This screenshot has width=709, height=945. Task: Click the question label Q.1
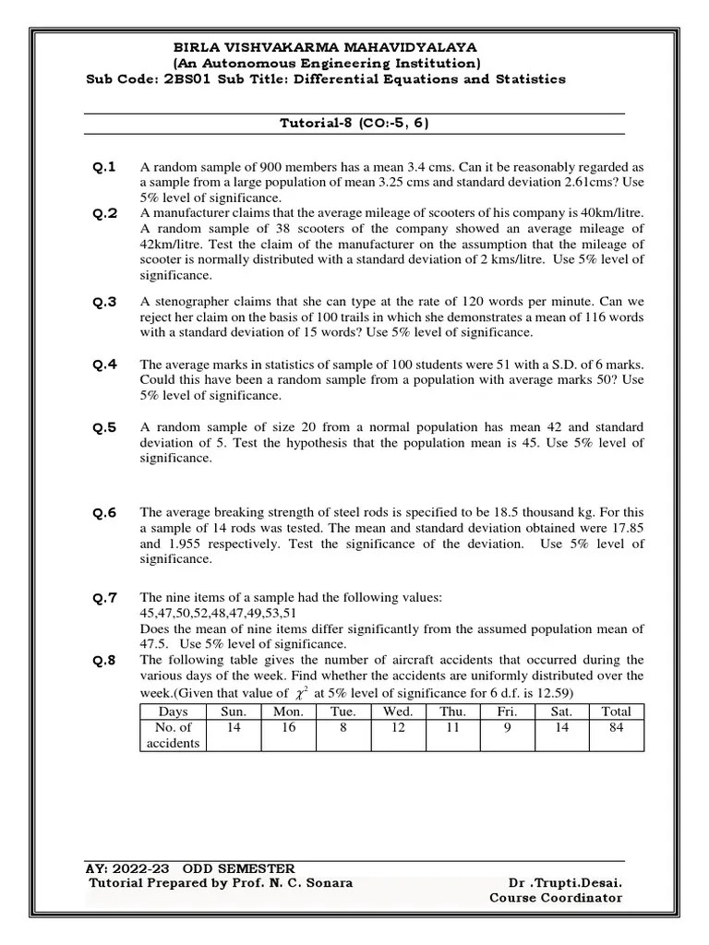(x=103, y=167)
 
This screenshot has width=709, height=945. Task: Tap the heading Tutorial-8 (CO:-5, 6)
(x=354, y=123)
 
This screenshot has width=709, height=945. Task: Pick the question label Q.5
(x=103, y=427)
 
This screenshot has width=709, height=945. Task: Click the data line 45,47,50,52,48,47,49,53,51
(x=219, y=613)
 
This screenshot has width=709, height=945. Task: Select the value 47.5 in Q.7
(x=158, y=643)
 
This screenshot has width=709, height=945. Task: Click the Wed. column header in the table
(x=398, y=712)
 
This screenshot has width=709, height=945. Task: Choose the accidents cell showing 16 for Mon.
(x=288, y=727)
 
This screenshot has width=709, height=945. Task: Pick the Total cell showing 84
(x=616, y=727)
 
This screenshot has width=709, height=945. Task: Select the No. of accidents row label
(x=174, y=735)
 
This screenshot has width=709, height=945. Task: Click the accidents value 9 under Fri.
(x=507, y=727)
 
